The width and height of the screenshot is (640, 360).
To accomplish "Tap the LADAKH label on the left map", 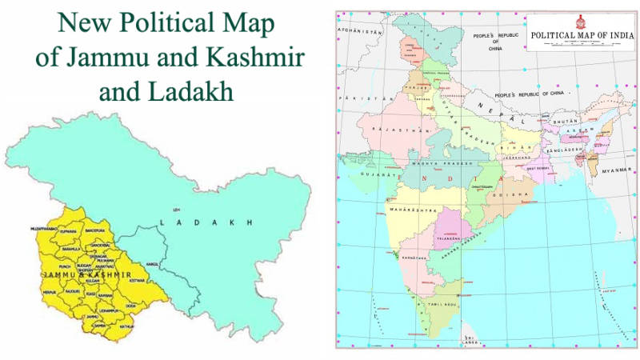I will [x=206, y=221].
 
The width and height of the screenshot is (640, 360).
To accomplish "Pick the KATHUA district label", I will [x=126, y=326].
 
